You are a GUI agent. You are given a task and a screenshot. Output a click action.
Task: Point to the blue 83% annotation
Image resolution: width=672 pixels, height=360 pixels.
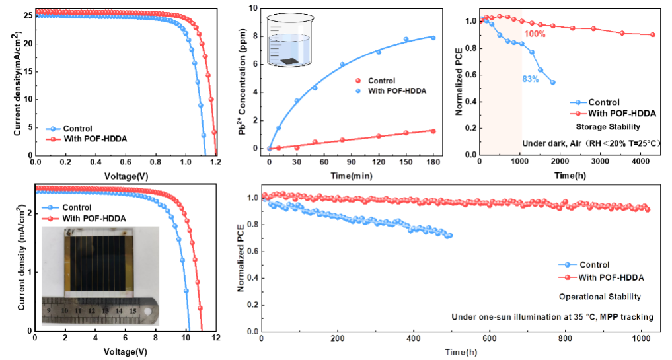coord(530,79)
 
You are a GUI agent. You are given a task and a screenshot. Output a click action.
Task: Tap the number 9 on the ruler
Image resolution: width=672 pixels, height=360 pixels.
coord(50,309)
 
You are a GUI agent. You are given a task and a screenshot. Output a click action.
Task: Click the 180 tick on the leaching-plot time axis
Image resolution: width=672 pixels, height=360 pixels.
coord(433,162)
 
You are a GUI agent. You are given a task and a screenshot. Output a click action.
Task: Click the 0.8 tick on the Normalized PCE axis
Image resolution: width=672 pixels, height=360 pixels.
coord(252,225)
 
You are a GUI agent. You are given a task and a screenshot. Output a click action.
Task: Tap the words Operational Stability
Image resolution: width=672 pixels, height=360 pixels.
coord(600,297)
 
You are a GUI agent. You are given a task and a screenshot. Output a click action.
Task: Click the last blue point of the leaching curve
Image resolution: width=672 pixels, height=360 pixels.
coord(433,38)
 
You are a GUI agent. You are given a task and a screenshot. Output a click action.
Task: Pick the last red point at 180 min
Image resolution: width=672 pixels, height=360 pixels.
coord(433,131)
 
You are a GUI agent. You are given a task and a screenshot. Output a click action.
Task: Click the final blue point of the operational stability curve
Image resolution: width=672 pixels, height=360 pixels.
coord(451,235)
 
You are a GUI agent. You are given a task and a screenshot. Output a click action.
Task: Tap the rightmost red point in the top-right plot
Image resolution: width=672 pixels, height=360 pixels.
coord(653,34)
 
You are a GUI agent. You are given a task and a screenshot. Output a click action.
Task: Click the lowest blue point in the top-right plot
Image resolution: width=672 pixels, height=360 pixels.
coord(552,83)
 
